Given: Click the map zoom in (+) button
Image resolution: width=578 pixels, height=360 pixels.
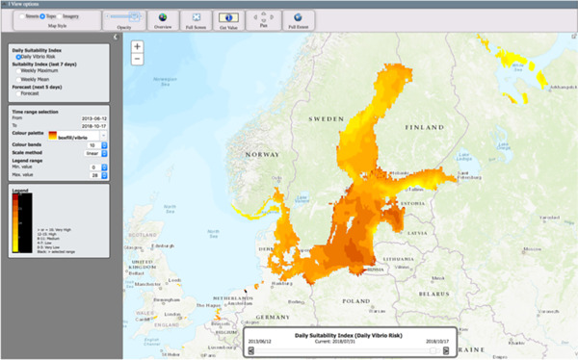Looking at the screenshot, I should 138,46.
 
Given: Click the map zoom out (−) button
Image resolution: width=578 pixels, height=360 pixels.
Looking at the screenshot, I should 138,59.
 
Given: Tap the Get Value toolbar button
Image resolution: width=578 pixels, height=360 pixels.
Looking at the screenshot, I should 229,19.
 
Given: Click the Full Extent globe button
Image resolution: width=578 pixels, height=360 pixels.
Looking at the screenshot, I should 298,19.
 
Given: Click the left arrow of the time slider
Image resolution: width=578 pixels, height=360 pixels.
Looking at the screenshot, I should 251,350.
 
